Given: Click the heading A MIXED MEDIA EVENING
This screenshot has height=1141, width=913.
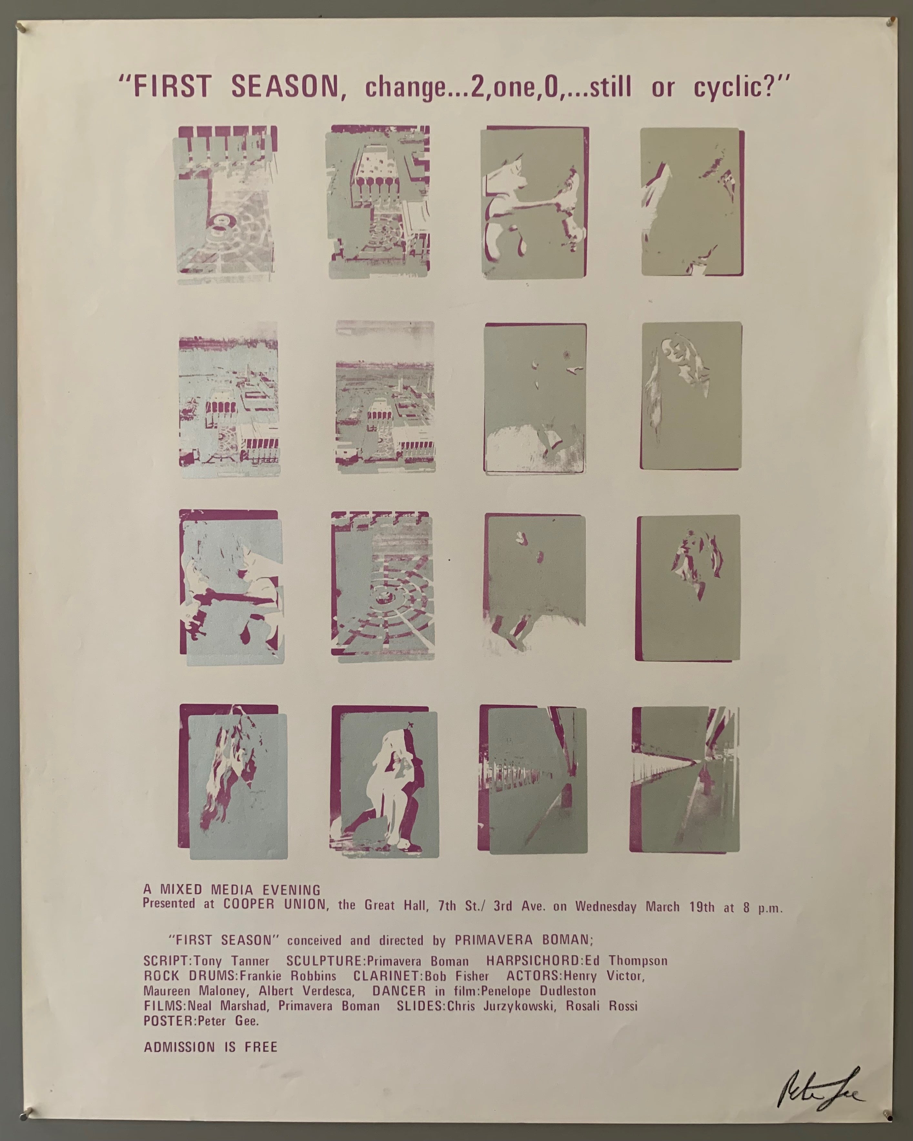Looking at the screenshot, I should coord(231,890).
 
